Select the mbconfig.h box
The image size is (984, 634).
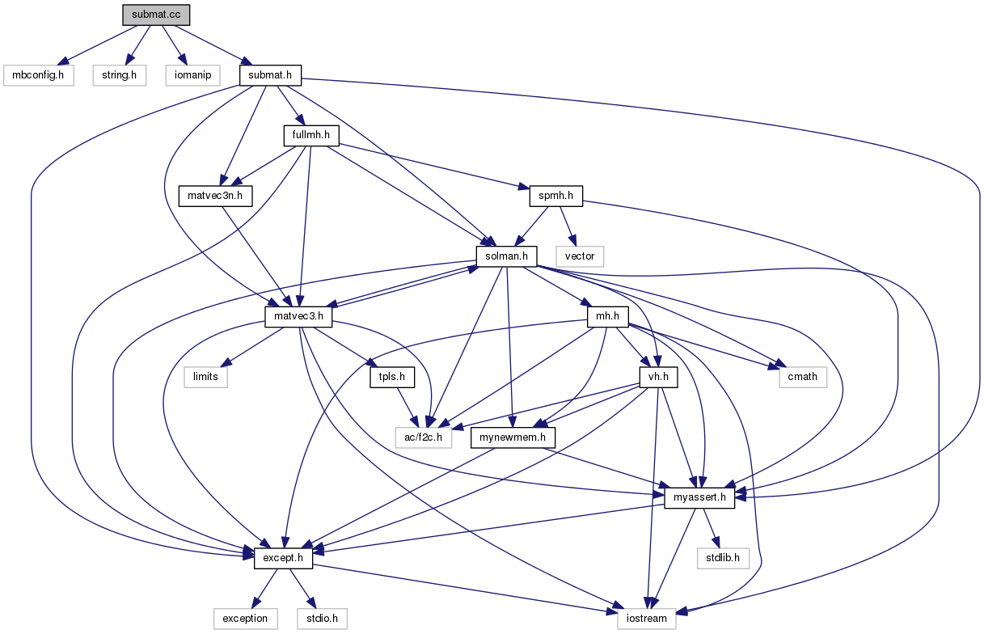39,76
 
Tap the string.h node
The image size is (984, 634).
118,76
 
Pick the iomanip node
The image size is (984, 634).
192,76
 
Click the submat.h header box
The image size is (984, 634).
271,76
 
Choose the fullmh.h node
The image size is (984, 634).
310,135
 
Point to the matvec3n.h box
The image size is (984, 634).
215,196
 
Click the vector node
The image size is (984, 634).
580,256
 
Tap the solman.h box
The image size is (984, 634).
507,256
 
